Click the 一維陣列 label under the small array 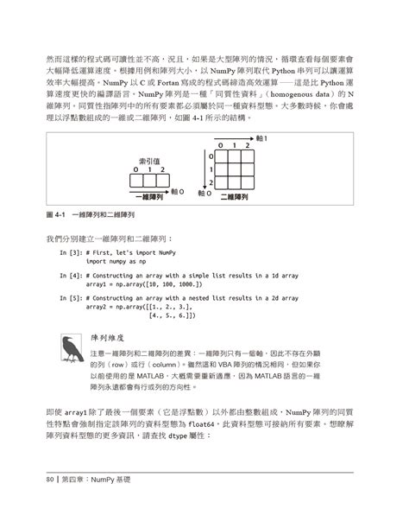point(150,198)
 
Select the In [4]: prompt point(71,275)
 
